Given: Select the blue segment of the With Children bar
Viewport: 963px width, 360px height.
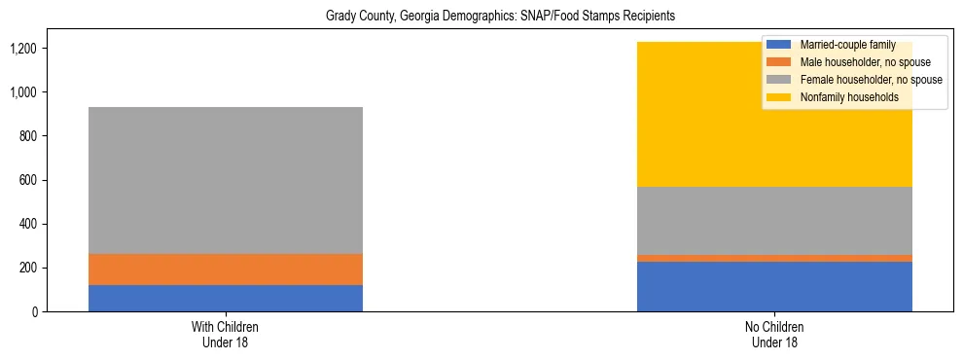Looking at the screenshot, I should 226,298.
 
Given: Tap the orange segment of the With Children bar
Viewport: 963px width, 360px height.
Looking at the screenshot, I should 226,270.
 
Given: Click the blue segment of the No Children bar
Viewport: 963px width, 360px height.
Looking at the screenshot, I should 774,286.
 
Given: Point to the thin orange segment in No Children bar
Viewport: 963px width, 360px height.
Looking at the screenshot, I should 774,258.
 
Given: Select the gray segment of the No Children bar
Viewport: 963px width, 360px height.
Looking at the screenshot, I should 774,220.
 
